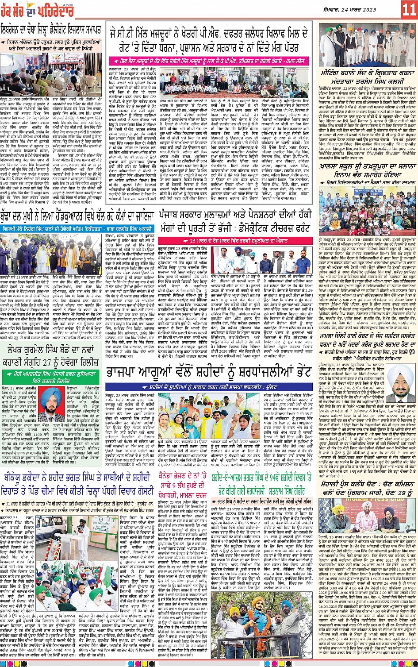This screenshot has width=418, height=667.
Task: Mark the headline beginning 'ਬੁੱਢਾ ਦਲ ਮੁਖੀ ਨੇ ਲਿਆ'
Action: pyautogui.click(x=77, y=216)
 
